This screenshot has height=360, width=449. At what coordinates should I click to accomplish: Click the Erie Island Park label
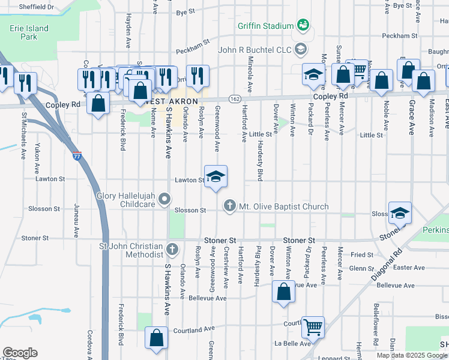[23, 32]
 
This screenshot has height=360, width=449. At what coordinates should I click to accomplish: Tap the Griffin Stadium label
[265, 26]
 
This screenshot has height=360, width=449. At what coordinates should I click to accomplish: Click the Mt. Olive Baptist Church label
[283, 206]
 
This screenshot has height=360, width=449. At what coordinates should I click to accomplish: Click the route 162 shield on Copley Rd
[234, 98]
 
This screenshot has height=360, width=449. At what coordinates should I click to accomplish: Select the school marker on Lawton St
[216, 176]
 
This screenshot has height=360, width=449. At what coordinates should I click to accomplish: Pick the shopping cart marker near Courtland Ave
[313, 328]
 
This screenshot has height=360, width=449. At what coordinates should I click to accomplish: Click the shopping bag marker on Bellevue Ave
[283, 292]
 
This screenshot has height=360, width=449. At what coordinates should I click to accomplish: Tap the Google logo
[20, 353]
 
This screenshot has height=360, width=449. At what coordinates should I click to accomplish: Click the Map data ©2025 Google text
[412, 355]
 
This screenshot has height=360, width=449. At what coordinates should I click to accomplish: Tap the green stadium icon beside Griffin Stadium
[303, 25]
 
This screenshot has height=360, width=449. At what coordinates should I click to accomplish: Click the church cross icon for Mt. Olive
[229, 206]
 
